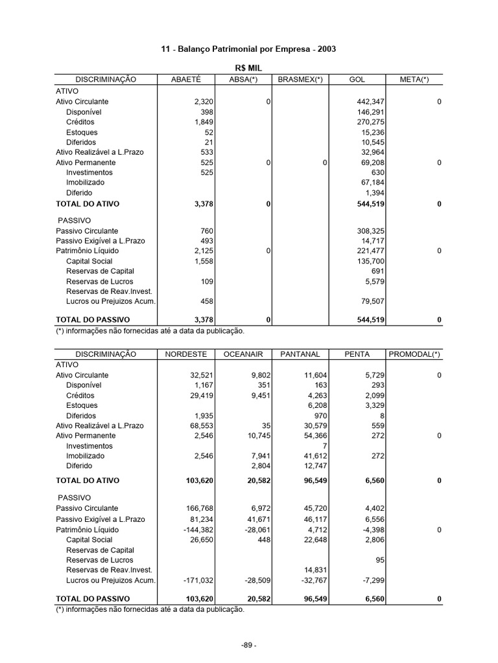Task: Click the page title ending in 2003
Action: pos(248,49)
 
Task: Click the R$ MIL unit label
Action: pos(248,68)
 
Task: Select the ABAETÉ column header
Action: pos(185,79)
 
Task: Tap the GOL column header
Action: pos(357,79)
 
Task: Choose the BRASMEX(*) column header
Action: pos(300,79)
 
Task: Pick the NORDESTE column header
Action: pos(185,354)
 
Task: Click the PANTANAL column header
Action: pos(300,354)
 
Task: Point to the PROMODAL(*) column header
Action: pos(414,354)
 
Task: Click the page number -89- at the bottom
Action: pos(248,645)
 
